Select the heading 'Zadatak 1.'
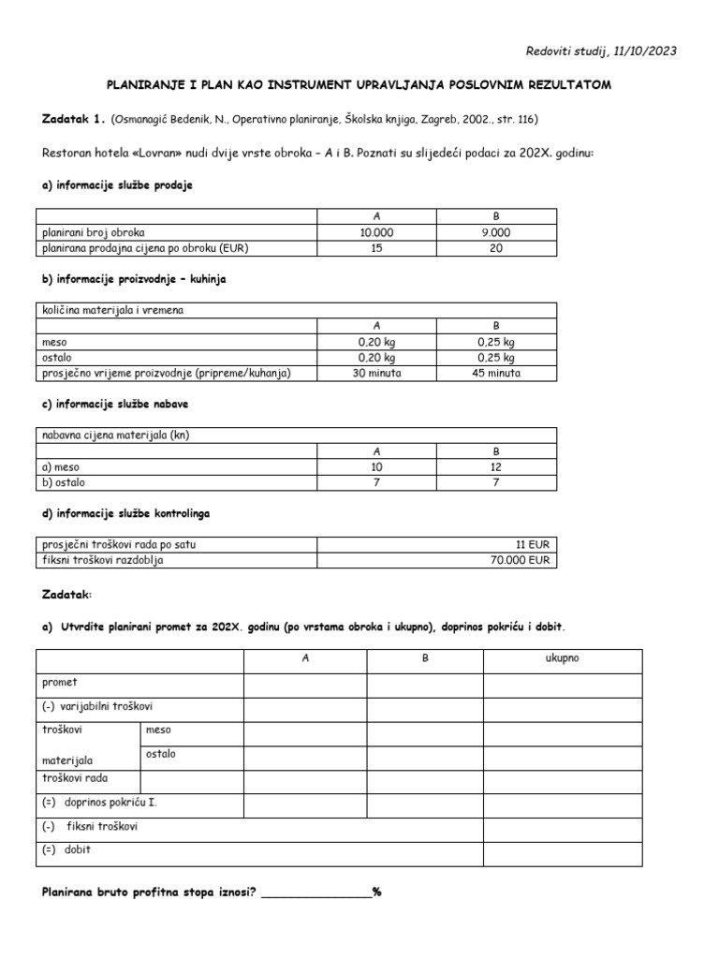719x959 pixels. point(74,120)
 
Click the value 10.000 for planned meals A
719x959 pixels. point(376,232)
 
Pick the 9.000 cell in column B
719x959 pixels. point(496,232)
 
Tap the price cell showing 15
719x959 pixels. point(376,248)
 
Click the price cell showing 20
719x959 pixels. point(496,248)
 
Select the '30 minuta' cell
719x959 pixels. point(376,373)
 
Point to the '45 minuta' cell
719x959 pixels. point(496,373)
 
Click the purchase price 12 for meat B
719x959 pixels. point(496,466)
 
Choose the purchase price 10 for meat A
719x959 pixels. point(376,466)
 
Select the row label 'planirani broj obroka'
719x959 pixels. point(93,232)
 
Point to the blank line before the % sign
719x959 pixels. point(315,892)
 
